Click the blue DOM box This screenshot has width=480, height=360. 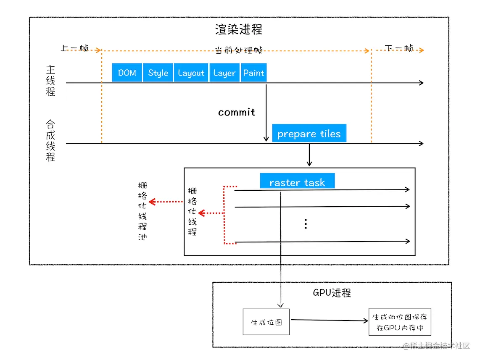(127, 73)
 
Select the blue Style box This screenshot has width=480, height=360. (158, 73)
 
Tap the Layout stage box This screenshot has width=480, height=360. (191, 73)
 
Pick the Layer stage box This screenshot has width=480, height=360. (224, 73)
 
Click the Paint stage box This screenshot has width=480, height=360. (253, 73)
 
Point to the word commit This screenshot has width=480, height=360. (237, 112)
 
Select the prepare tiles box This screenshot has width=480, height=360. (309, 134)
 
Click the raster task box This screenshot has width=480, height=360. (297, 182)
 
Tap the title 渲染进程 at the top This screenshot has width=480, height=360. (239, 30)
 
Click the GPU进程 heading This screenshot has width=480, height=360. (332, 293)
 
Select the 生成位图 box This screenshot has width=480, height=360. (266, 322)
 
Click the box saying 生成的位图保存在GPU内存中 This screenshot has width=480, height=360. (400, 322)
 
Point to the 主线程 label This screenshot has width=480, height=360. (50, 81)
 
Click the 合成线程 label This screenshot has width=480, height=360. (50, 141)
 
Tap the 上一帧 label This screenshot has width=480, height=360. (74, 48)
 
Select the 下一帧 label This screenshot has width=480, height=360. (399, 48)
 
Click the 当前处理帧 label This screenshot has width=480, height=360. (239, 50)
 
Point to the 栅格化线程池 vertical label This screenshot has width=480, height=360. (142, 211)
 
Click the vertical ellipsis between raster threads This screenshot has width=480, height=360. (306, 224)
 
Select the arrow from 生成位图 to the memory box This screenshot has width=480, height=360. (329, 320)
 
